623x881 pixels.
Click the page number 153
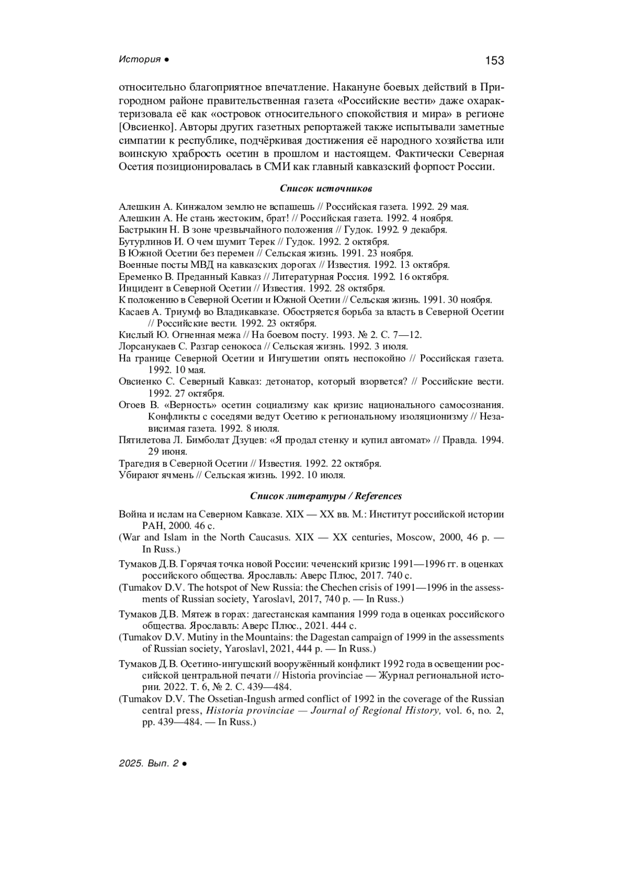click(494, 61)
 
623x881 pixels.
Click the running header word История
click(140, 60)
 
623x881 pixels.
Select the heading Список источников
click(311, 188)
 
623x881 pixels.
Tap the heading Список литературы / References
click(326, 496)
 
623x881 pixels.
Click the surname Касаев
click(133, 312)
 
